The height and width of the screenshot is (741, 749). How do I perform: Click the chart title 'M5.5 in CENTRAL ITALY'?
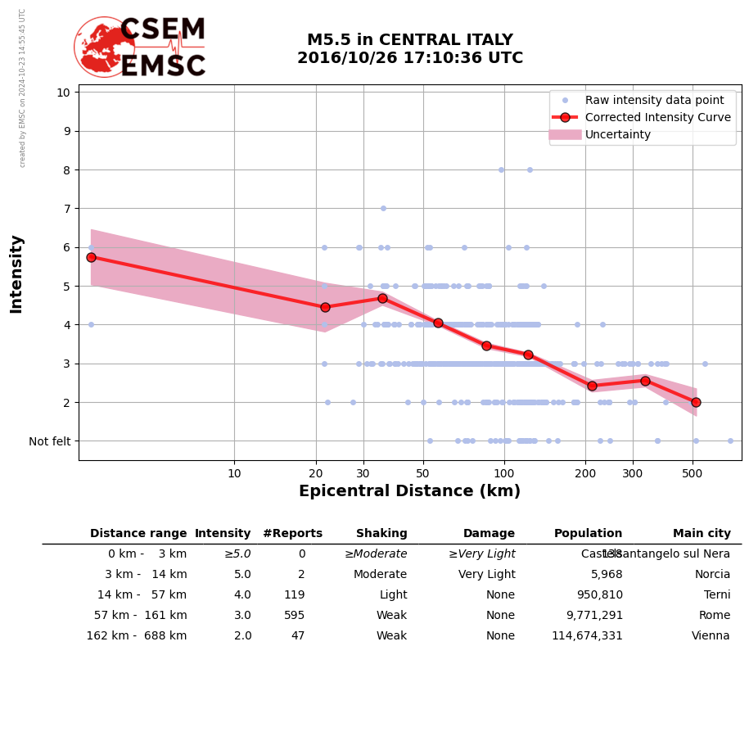coord(409,40)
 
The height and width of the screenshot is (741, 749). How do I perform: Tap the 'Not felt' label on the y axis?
coord(50,441)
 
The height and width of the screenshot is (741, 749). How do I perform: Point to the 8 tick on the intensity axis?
coord(64,169)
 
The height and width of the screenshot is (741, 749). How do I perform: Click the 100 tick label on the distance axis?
coord(504,473)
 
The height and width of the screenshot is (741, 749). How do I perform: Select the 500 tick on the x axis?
coord(693,473)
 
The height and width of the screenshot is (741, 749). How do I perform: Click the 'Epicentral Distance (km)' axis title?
coord(409,491)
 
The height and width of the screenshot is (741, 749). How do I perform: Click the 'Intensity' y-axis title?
coord(16,273)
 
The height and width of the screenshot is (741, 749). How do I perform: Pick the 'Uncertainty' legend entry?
coord(618,134)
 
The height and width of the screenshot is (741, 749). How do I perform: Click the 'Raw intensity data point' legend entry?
coord(654,100)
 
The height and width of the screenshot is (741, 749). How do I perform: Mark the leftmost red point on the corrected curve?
coord(91,257)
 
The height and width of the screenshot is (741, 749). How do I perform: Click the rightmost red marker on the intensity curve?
coord(696,402)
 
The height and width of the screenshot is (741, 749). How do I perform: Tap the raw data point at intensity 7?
coord(383,208)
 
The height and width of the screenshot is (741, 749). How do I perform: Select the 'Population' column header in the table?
coord(588,534)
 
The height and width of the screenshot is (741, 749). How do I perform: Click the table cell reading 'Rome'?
coord(714,616)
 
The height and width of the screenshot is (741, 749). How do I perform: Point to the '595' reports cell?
coord(294,616)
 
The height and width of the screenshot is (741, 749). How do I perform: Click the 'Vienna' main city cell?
coord(711,636)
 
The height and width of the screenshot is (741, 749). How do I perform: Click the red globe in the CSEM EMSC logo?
coord(104,47)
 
